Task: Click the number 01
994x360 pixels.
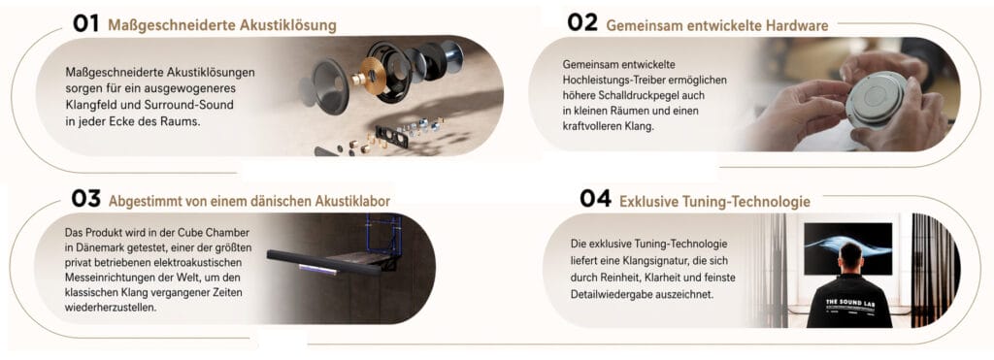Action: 88,25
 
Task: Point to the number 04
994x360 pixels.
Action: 595,199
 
